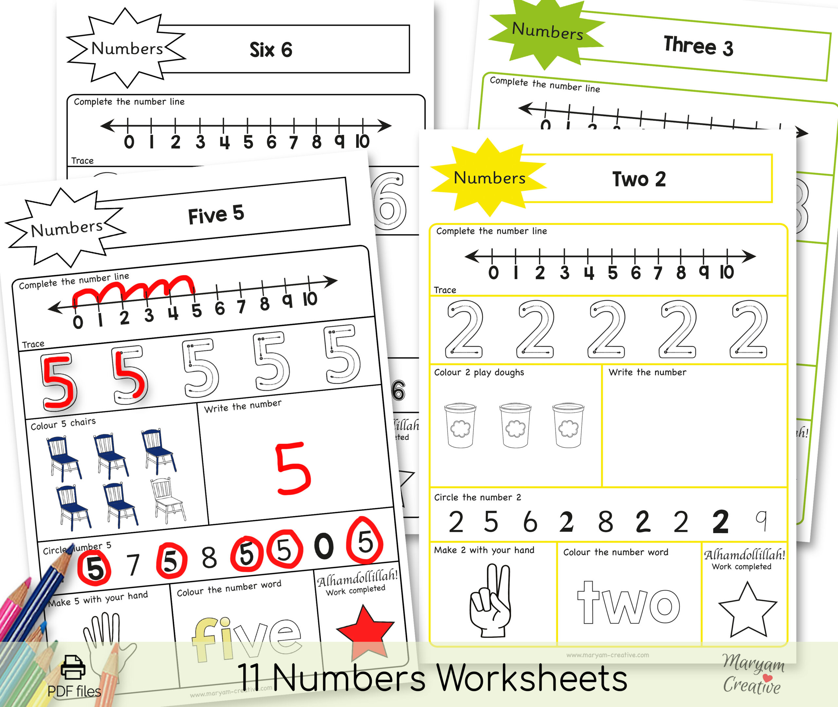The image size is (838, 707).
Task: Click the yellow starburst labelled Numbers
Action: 489,177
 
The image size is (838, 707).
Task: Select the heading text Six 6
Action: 271,50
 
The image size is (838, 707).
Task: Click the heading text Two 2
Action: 639,179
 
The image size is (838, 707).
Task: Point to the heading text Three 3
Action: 698,46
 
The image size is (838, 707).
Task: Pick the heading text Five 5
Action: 216,214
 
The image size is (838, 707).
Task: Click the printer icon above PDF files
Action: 73,667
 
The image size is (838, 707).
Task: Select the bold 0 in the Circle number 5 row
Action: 324,546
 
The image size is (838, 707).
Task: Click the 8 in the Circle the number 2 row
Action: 605,522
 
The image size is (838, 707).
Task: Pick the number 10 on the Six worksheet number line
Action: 362,141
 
